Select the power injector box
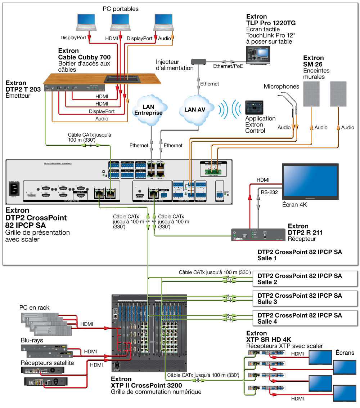[198, 62]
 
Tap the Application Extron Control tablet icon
[255, 107]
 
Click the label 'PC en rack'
[35, 307]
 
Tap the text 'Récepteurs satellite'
[47, 363]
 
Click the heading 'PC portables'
[120, 9]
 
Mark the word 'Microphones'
[282, 87]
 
